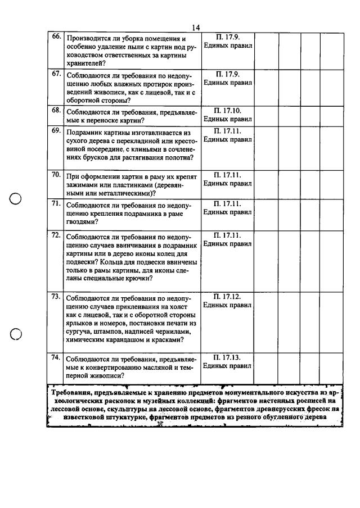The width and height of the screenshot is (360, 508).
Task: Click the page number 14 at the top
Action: tap(196, 28)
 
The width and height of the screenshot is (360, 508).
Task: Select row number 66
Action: tap(56, 37)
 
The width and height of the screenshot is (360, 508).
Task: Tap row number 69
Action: tap(56, 130)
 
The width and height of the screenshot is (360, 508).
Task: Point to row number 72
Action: tap(56, 235)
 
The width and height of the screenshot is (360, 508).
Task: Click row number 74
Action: tap(56, 357)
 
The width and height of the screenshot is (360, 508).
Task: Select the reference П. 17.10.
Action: tap(228, 111)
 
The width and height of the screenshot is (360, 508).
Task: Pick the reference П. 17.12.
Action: tap(228, 296)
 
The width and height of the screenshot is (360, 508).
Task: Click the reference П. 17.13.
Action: tap(228, 357)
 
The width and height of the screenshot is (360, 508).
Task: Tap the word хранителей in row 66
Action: tap(85, 64)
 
